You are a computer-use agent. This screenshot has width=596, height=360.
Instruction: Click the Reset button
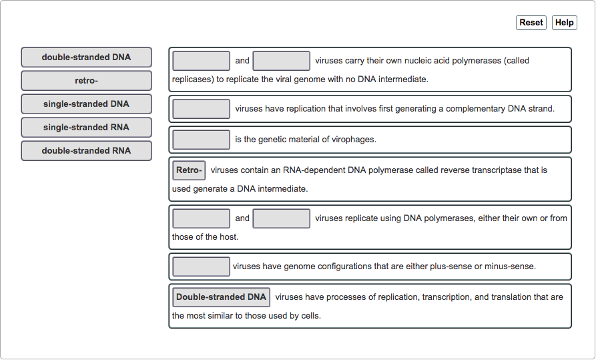tap(531, 23)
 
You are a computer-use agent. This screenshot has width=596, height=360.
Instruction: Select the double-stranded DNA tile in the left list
tap(86, 57)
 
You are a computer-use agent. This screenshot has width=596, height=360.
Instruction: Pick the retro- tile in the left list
tap(86, 81)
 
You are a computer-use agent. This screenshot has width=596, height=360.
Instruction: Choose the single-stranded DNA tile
tap(86, 104)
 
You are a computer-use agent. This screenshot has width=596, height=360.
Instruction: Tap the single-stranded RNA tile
tap(86, 128)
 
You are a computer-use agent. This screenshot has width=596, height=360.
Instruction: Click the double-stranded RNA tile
tap(86, 151)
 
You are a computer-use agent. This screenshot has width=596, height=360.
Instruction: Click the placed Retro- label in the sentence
tap(189, 170)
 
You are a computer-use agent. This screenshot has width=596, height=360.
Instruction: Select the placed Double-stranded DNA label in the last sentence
tap(221, 297)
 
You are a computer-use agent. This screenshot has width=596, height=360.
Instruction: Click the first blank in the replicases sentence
tap(201, 61)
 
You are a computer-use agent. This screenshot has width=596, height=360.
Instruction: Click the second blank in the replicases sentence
tap(281, 61)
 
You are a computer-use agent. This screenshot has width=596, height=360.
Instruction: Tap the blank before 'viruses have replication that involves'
tap(201, 109)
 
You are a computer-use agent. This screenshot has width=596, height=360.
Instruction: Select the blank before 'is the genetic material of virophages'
tap(201, 140)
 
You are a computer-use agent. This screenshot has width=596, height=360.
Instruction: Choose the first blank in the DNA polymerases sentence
tap(201, 218)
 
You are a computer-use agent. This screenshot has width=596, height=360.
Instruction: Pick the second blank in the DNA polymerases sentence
tap(281, 218)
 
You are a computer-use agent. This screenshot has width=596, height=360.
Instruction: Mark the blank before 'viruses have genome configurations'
tap(201, 266)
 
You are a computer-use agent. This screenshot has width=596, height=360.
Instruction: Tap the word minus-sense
tap(509, 266)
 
